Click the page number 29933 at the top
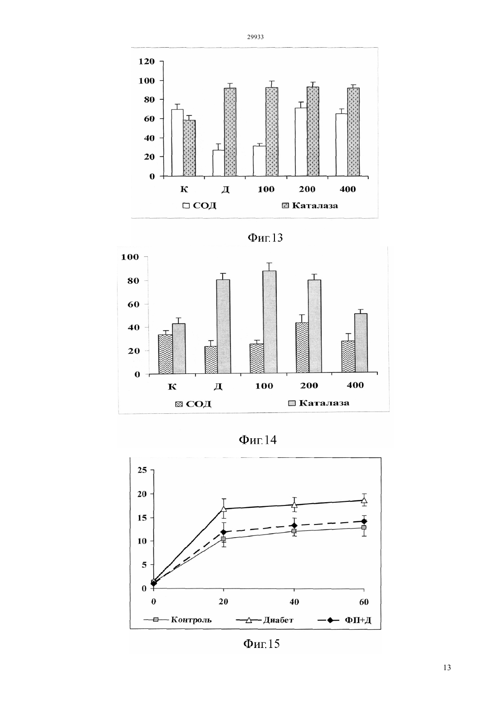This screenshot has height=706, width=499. pyautogui.click(x=255, y=37)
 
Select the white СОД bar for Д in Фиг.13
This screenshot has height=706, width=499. pyautogui.click(x=219, y=163)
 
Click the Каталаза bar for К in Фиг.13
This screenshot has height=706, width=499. pyautogui.click(x=189, y=148)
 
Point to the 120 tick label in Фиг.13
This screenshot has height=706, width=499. pyautogui.click(x=147, y=61)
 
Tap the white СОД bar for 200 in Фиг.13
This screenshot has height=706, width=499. pyautogui.click(x=301, y=142)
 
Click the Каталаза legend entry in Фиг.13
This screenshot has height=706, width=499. pyautogui.click(x=310, y=206)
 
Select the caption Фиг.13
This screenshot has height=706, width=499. pyautogui.click(x=265, y=238)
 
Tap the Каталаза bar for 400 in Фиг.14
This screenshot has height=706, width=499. pyautogui.click(x=361, y=343)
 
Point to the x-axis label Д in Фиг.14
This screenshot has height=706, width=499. pyautogui.click(x=218, y=387)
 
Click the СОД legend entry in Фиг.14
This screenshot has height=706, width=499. pyautogui.click(x=193, y=404)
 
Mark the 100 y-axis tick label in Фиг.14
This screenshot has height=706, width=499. pyautogui.click(x=130, y=257)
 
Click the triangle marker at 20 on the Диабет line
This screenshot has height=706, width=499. pyautogui.click(x=224, y=509)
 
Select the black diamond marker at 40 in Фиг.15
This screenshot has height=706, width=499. pyautogui.click(x=294, y=525)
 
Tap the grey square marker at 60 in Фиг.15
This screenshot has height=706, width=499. pyautogui.click(x=364, y=527)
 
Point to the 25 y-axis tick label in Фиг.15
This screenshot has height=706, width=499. pyautogui.click(x=143, y=470)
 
